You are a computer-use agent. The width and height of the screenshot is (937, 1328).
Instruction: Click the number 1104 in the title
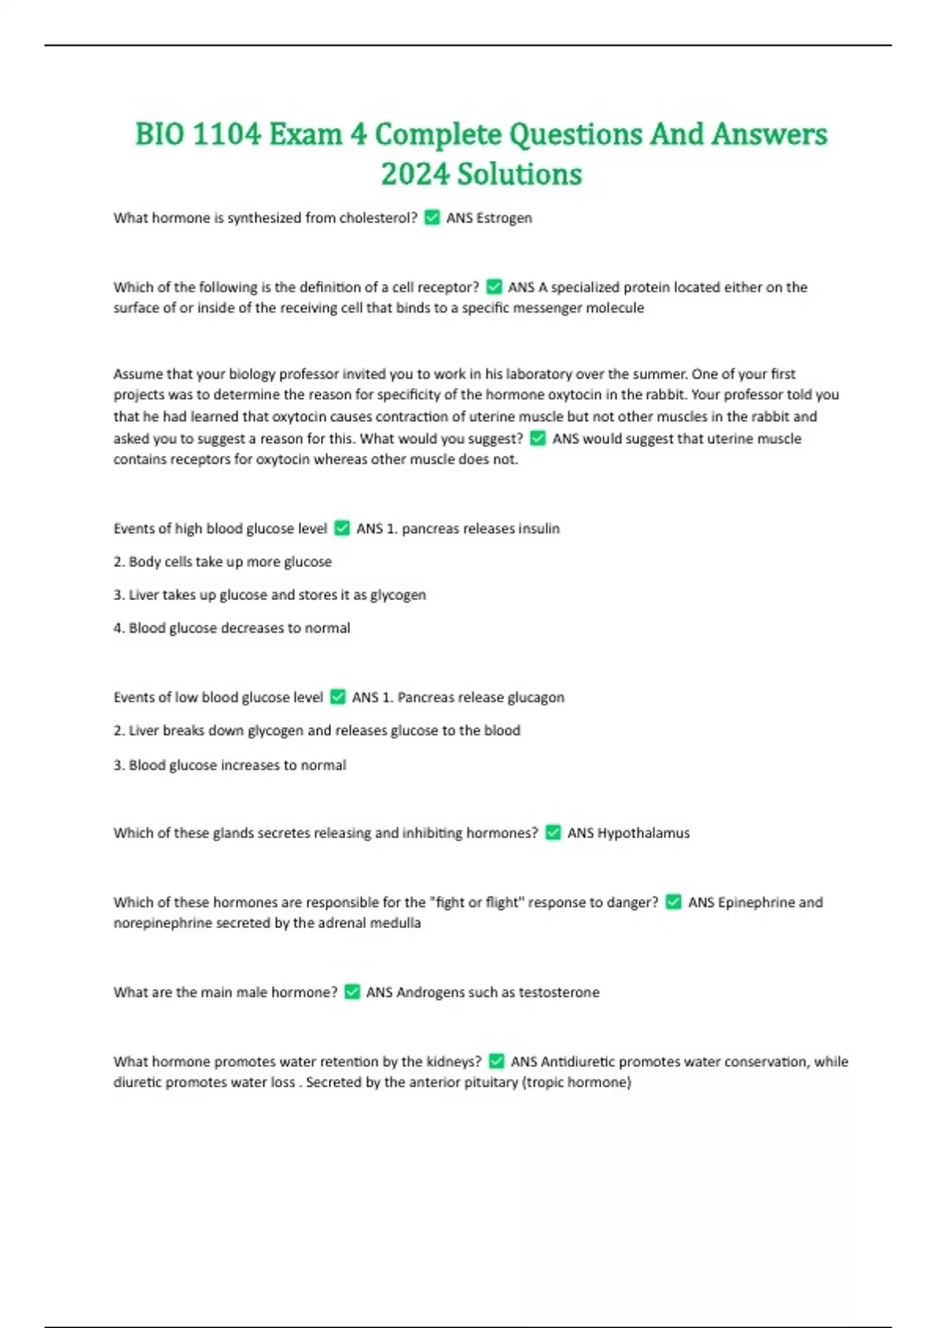point(226,134)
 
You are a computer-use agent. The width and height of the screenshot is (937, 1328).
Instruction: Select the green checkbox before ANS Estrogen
point(432,218)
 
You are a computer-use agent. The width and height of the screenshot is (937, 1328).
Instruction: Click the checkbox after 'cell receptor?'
point(493,287)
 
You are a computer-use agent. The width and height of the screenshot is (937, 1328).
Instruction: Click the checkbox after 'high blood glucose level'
point(342,529)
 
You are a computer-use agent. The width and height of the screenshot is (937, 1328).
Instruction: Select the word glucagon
point(535,698)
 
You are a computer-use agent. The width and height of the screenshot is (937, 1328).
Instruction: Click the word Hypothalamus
point(643,834)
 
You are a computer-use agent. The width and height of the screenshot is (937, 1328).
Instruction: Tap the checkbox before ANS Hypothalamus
point(553,833)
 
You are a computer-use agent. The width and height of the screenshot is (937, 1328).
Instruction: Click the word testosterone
point(559,992)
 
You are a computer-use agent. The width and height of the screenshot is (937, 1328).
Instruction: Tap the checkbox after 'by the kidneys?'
point(497,1061)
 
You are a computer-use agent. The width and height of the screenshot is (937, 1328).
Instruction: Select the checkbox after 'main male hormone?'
point(352,992)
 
